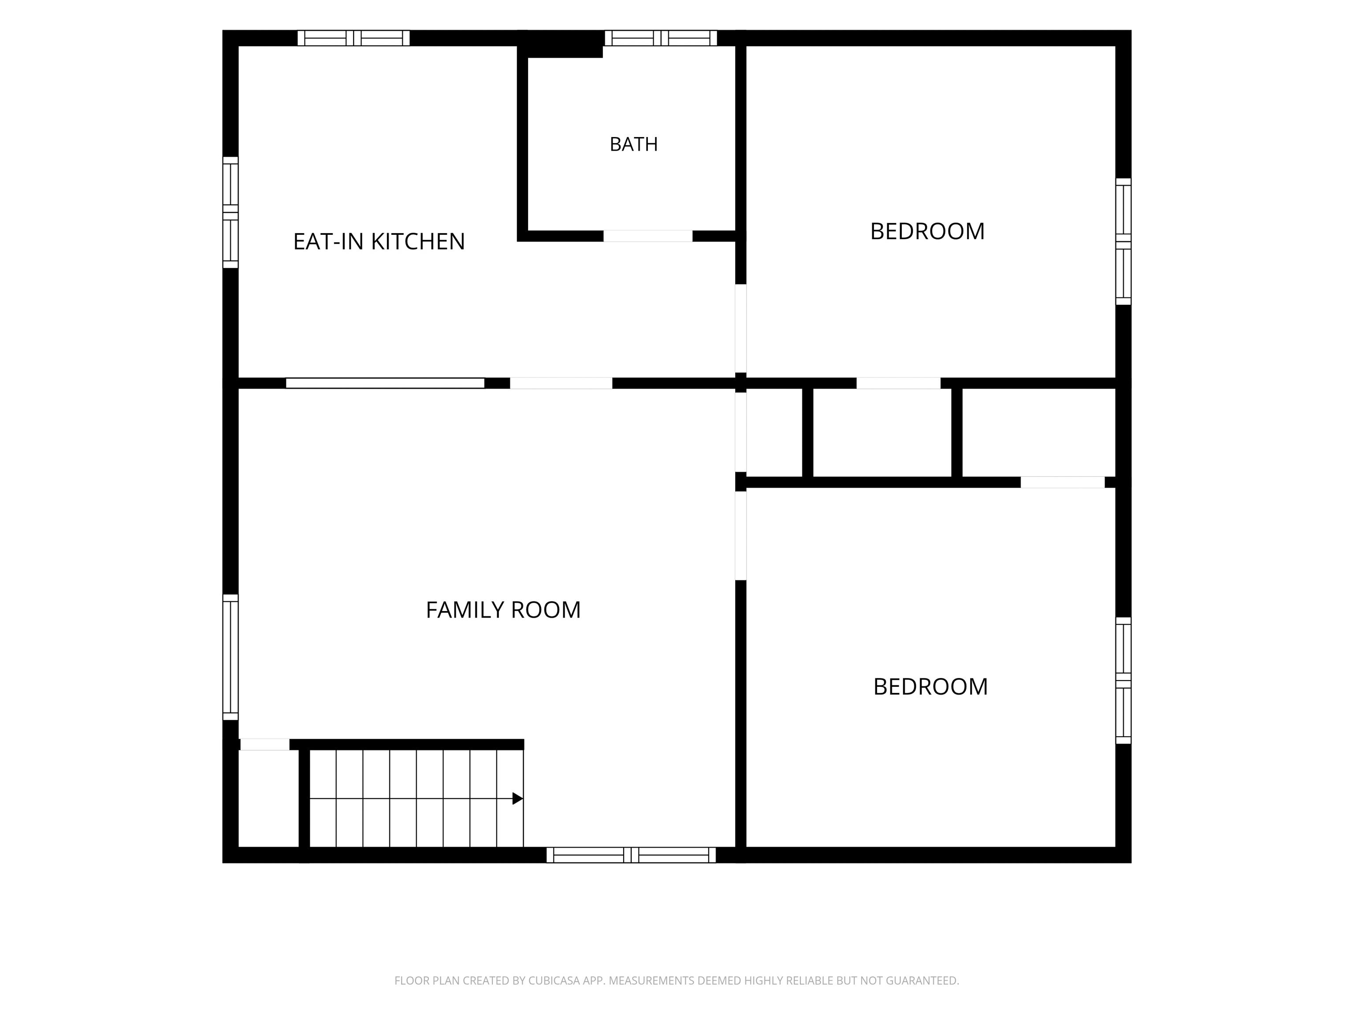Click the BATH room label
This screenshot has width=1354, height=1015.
click(x=633, y=144)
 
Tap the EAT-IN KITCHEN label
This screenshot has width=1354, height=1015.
click(x=379, y=242)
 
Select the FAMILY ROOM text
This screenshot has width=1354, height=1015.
click(x=503, y=610)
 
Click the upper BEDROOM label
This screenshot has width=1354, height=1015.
click(x=927, y=231)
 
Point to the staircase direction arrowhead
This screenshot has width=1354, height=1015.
click(x=518, y=798)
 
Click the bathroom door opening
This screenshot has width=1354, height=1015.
click(x=648, y=236)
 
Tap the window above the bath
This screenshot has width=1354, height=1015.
click(x=661, y=38)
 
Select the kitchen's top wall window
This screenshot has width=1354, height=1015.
click(x=354, y=38)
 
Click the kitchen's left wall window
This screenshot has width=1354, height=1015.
click(x=230, y=212)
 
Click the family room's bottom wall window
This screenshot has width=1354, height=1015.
click(x=631, y=856)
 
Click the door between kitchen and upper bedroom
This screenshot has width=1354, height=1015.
click(x=740, y=329)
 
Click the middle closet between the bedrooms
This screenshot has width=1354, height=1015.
click(x=883, y=433)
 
